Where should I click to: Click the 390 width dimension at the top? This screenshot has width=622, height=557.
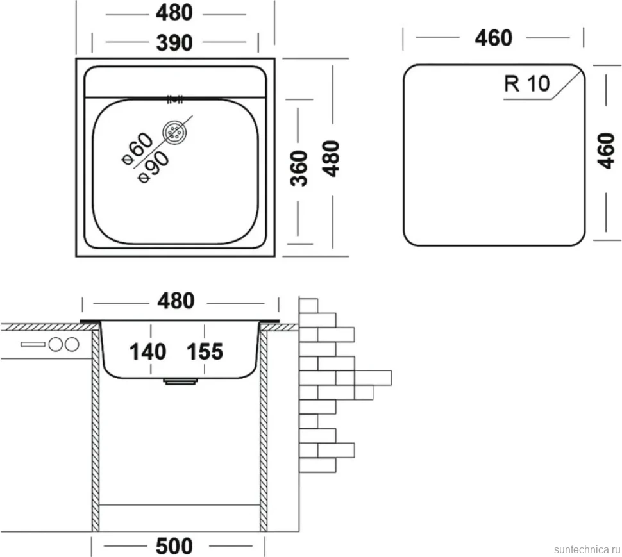tap(174, 43)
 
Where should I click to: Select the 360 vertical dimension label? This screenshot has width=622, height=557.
tap(299, 168)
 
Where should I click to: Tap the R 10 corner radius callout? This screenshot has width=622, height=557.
tap(527, 84)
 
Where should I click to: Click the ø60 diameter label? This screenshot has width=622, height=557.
tap(137, 149)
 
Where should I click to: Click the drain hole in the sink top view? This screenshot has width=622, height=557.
tap(174, 131)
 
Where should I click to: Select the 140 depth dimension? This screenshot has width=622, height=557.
tap(148, 352)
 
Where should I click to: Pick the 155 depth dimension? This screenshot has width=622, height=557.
tap(205, 352)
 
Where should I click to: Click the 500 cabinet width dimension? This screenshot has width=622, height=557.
tap(174, 546)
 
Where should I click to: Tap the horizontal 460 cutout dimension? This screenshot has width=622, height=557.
tap(494, 38)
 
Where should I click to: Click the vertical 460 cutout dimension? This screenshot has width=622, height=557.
tap(606, 151)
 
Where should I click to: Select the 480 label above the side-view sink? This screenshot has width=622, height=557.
tap(176, 301)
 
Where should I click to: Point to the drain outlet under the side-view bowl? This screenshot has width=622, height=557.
tap(180, 381)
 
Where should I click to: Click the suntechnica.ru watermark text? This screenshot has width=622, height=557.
tap(587, 549)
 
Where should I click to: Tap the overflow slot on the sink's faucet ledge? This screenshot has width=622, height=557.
tap(174, 99)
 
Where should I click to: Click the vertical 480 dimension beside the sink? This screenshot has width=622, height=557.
tap(331, 158)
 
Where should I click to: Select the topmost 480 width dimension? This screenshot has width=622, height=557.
tap(174, 13)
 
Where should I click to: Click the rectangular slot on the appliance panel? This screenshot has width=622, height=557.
tap(33, 344)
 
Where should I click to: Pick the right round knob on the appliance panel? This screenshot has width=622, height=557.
tap(72, 344)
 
